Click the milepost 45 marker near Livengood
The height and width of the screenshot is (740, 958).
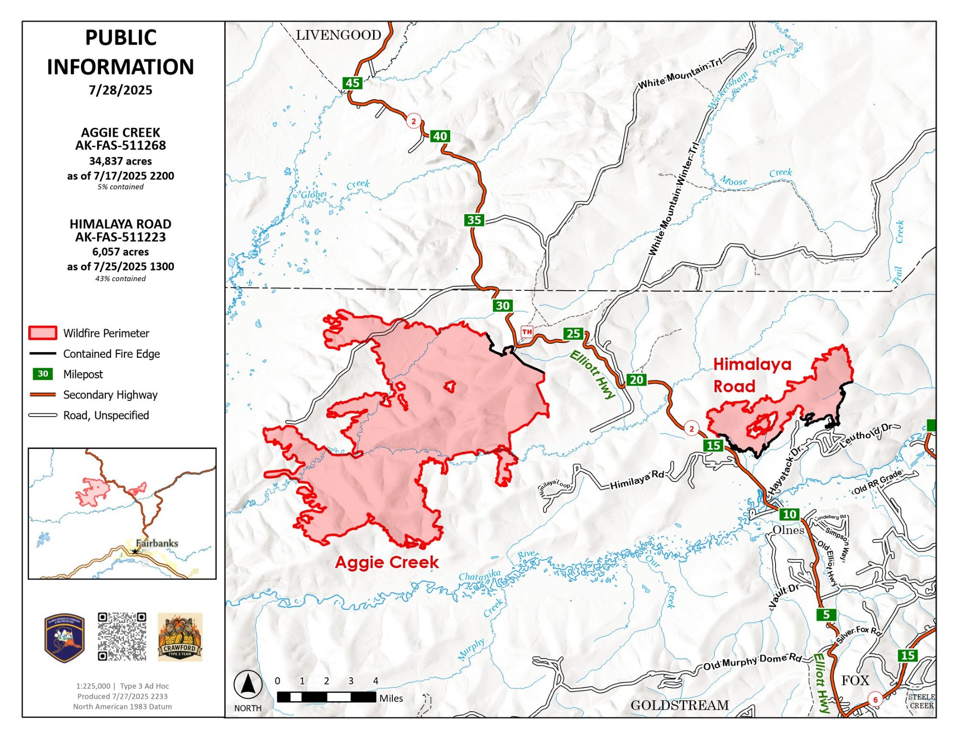[353, 83]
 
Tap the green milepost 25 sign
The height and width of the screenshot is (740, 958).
[573, 333]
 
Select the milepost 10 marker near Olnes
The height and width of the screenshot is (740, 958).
[789, 514]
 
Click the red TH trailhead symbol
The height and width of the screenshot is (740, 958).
[527, 331]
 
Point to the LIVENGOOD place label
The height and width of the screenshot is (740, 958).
[338, 35]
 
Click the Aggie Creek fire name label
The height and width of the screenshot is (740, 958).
[387, 562]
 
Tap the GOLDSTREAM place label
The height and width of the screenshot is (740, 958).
[679, 705]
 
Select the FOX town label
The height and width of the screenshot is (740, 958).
[855, 680]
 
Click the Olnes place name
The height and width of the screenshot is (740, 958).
[788, 530]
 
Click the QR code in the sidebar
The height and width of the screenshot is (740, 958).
[122, 637]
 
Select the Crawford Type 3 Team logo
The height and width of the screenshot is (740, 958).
[180, 637]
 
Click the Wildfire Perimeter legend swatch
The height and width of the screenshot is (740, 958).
[43, 333]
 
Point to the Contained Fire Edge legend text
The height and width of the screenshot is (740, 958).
[112, 353]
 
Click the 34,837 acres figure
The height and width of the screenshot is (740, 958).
[120, 161]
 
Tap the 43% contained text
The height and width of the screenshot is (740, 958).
[120, 278]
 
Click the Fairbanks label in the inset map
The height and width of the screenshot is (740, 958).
[157, 543]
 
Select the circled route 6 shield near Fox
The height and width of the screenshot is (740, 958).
[875, 700]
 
